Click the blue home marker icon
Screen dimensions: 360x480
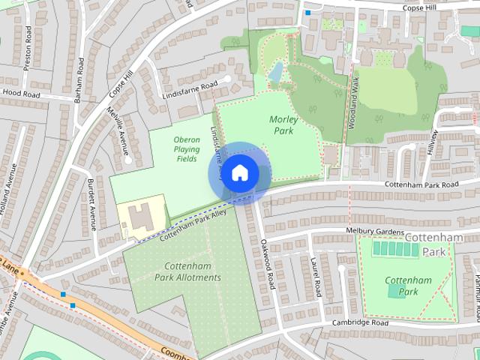coord(239,173)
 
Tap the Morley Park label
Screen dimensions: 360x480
coord(283,125)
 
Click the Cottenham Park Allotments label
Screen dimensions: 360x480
coord(187,271)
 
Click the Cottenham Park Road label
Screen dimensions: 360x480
coord(421,184)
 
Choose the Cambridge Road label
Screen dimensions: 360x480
coord(361,322)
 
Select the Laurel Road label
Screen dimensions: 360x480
coord(316,276)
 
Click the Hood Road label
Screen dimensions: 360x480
coord(21,94)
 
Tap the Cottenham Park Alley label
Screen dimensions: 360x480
coord(192,223)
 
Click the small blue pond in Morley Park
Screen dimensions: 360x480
coord(276,72)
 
